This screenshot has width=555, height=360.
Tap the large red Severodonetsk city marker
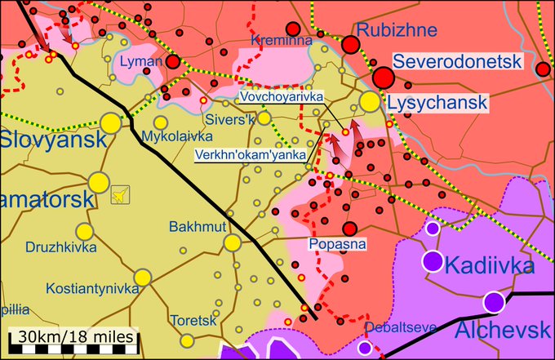384,78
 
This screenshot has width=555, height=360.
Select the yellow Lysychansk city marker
370,101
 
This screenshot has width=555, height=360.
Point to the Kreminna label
277,41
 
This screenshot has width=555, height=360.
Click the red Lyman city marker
174,61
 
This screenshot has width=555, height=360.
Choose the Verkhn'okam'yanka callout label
251,154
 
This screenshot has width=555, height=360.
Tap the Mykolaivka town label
171,136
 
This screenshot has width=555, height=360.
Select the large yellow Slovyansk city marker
110,123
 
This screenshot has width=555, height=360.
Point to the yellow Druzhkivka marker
85,231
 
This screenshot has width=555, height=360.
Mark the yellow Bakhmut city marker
233,242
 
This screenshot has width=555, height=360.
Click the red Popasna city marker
350,229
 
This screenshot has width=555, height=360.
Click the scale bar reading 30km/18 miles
73,336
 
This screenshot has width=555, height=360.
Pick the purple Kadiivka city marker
433,262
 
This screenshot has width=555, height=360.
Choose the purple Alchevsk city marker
492,302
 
